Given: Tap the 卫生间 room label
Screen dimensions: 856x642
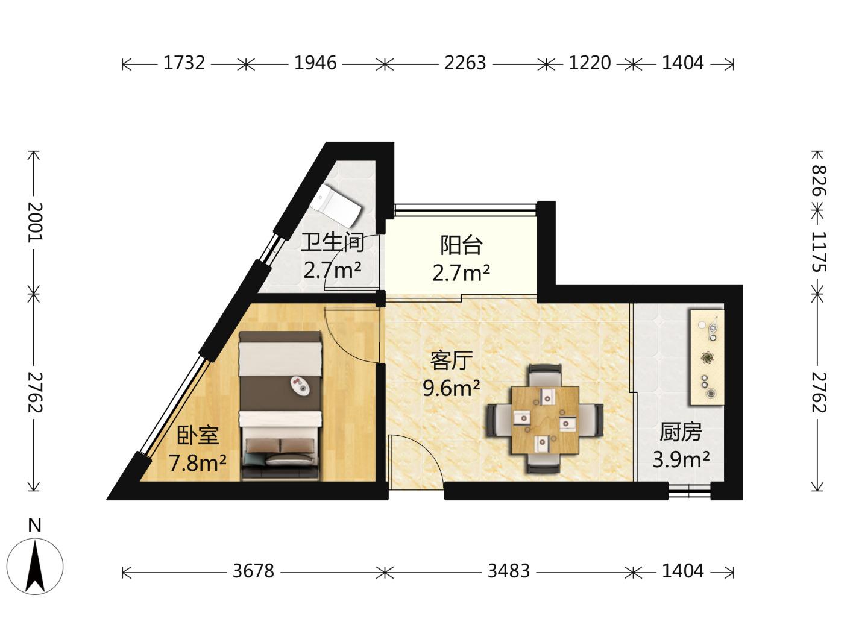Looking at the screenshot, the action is (x=333, y=242).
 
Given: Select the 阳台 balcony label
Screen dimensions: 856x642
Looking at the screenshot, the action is (x=461, y=245).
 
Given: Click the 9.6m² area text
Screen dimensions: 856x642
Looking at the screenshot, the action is (x=451, y=388).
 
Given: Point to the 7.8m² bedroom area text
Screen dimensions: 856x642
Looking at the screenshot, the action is (x=198, y=463).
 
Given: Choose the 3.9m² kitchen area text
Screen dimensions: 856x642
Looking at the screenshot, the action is (x=681, y=459).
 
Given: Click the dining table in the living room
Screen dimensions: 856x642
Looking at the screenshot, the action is (x=545, y=420).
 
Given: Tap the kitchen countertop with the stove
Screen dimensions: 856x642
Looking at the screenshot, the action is (x=707, y=357).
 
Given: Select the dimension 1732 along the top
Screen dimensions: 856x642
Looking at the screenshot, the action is (x=184, y=63).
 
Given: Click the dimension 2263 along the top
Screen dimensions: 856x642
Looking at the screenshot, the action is (x=465, y=63).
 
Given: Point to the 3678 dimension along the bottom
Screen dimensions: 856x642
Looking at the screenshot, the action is (x=254, y=571).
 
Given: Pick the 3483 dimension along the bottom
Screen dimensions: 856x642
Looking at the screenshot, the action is (x=509, y=571).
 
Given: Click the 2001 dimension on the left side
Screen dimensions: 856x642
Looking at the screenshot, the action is (x=35, y=222).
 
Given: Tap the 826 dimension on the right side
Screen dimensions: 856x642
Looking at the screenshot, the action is (x=818, y=180).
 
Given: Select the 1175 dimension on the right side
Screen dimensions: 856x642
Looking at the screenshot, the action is (x=818, y=252).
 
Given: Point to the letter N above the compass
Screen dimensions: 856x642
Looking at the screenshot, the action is (x=35, y=526).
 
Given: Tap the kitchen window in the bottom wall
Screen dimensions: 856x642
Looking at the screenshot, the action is (x=690, y=491).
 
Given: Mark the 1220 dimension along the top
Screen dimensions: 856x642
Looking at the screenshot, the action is (x=590, y=63).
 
